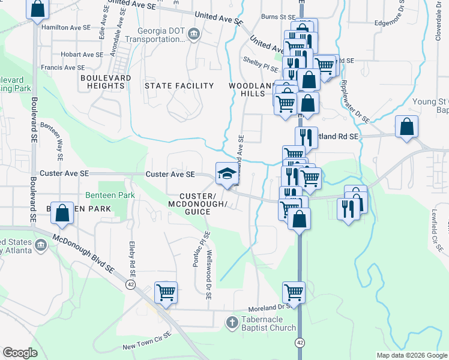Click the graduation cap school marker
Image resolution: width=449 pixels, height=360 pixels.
pyautogui.click(x=226, y=173)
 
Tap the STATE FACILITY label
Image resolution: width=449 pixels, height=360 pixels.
pyautogui.click(x=179, y=86)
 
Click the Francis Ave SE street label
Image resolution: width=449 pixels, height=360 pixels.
pyautogui.click(x=65, y=68)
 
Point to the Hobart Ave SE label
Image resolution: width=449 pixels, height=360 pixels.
pyautogui.click(x=82, y=54)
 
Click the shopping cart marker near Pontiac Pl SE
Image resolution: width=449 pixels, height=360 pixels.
pyautogui.click(x=166, y=293)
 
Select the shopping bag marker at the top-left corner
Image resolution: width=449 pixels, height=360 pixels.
pyautogui.click(x=38, y=9)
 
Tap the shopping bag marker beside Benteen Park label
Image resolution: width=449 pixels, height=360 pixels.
pyautogui.click(x=62, y=212)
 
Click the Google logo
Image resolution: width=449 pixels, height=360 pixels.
pyautogui.click(x=20, y=353)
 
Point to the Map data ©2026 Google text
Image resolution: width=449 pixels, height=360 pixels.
pyautogui.click(x=411, y=355)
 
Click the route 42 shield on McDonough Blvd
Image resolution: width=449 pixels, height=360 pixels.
pyautogui.click(x=130, y=283)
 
